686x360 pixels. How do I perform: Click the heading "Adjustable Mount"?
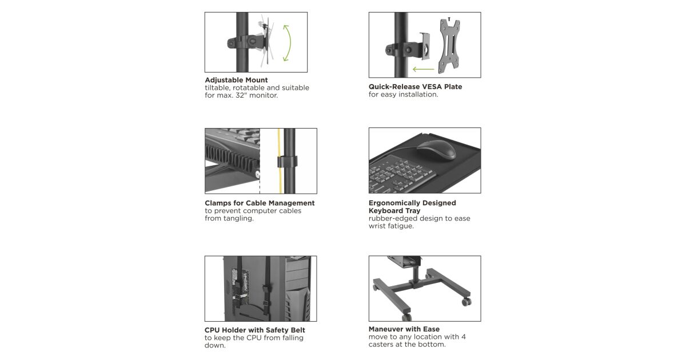(236, 80)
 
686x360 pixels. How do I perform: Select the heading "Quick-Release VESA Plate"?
(415, 87)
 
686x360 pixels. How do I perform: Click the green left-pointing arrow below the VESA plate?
(424, 70)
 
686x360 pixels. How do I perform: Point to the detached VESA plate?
(449, 46)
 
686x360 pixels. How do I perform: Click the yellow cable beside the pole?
(280, 161)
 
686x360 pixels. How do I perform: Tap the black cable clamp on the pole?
(287, 162)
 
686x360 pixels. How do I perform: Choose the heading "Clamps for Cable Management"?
(260, 203)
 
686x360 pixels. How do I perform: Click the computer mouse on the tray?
(436, 150)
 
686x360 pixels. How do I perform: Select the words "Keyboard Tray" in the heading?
(394, 211)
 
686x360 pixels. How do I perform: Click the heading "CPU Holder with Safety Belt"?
(255, 330)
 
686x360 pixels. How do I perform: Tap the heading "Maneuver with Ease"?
(404, 329)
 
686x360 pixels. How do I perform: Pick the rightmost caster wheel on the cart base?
(466, 302)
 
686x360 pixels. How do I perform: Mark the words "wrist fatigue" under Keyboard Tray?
(391, 226)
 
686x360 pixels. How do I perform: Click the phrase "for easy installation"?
(404, 95)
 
